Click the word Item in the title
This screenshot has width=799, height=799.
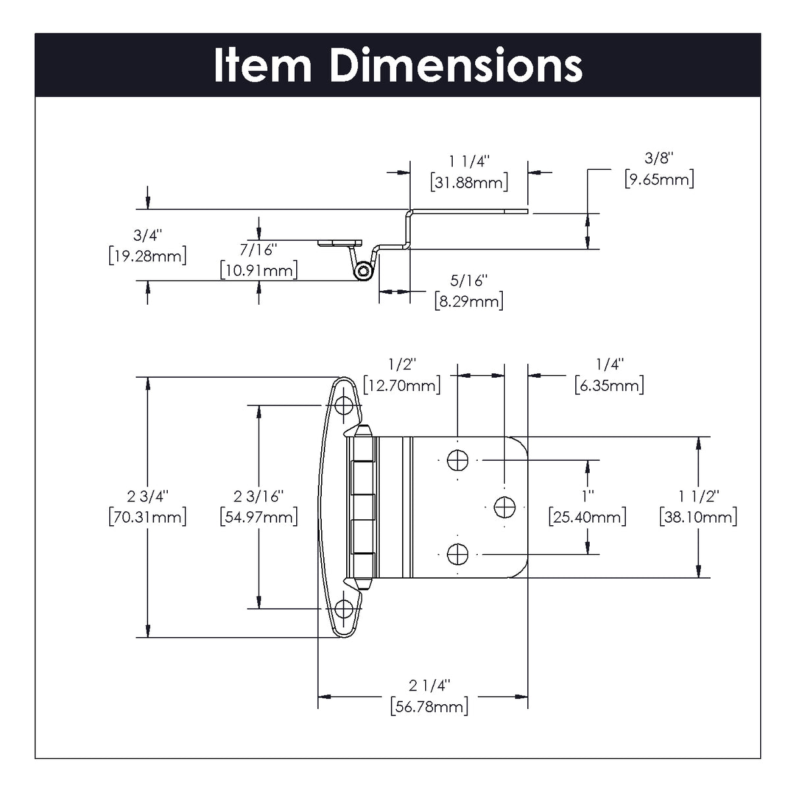(x=263, y=66)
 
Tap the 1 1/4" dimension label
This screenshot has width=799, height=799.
(x=469, y=161)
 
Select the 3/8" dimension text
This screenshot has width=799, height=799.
(x=659, y=158)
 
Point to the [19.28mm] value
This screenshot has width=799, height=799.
(x=147, y=256)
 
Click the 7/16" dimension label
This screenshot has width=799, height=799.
(x=259, y=249)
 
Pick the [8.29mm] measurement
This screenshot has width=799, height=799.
(x=469, y=302)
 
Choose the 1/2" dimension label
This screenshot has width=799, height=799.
(x=402, y=364)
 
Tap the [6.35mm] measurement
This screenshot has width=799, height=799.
(x=609, y=385)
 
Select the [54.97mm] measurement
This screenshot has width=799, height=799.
(x=259, y=517)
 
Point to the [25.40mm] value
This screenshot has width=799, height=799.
(x=587, y=517)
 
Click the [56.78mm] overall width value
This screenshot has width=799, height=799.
(x=429, y=707)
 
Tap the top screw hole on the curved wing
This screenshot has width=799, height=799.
(x=344, y=405)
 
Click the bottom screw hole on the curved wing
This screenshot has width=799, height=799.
(x=344, y=609)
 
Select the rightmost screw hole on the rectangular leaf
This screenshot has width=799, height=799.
(x=504, y=507)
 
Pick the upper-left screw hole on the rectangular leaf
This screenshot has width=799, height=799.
(x=457, y=460)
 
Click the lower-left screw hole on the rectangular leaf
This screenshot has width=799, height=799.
(x=457, y=554)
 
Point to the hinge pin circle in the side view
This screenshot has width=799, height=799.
(x=362, y=271)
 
